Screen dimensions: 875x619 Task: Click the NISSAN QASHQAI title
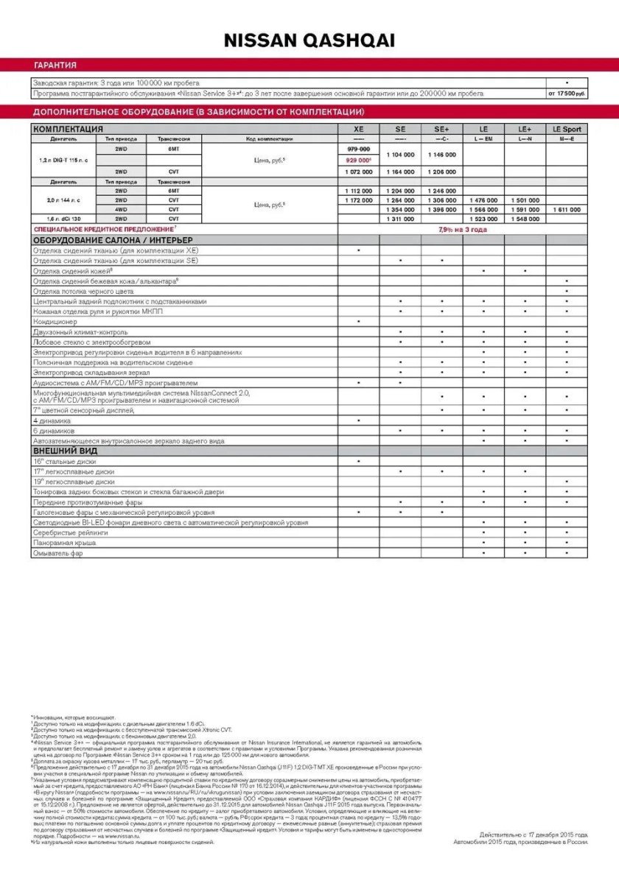(x=309, y=41)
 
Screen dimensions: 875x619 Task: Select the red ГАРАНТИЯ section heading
(x=55, y=65)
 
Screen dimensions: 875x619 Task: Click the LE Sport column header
(x=566, y=129)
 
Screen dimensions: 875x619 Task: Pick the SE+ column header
(x=442, y=129)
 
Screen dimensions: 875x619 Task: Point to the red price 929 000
(x=359, y=160)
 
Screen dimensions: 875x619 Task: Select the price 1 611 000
(x=566, y=210)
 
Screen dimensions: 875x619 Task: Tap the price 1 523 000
(x=483, y=219)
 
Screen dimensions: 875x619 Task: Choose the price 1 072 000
(x=358, y=172)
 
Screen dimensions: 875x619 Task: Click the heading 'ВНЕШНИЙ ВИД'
(x=66, y=450)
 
